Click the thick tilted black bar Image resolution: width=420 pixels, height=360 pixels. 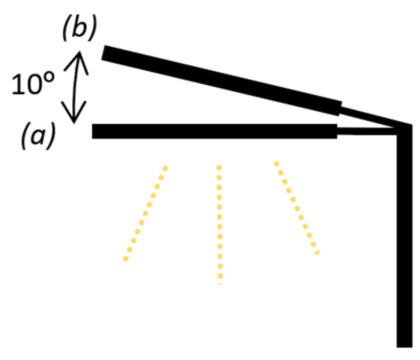point(220,81)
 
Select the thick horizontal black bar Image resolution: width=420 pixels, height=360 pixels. point(214,131)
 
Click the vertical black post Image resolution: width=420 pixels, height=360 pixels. point(405,237)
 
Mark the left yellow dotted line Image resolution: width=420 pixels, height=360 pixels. point(145,213)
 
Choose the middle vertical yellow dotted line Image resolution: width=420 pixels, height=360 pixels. point(219,224)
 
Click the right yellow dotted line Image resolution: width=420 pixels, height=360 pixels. point(296,208)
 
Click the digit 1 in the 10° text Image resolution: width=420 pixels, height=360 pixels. point(17,85)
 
